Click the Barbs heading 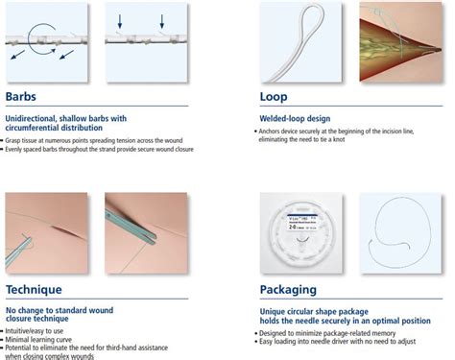point(22,96)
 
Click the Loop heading point(274,96)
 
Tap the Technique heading point(34,289)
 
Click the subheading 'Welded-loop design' point(297,119)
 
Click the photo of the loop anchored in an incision point(399,41)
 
